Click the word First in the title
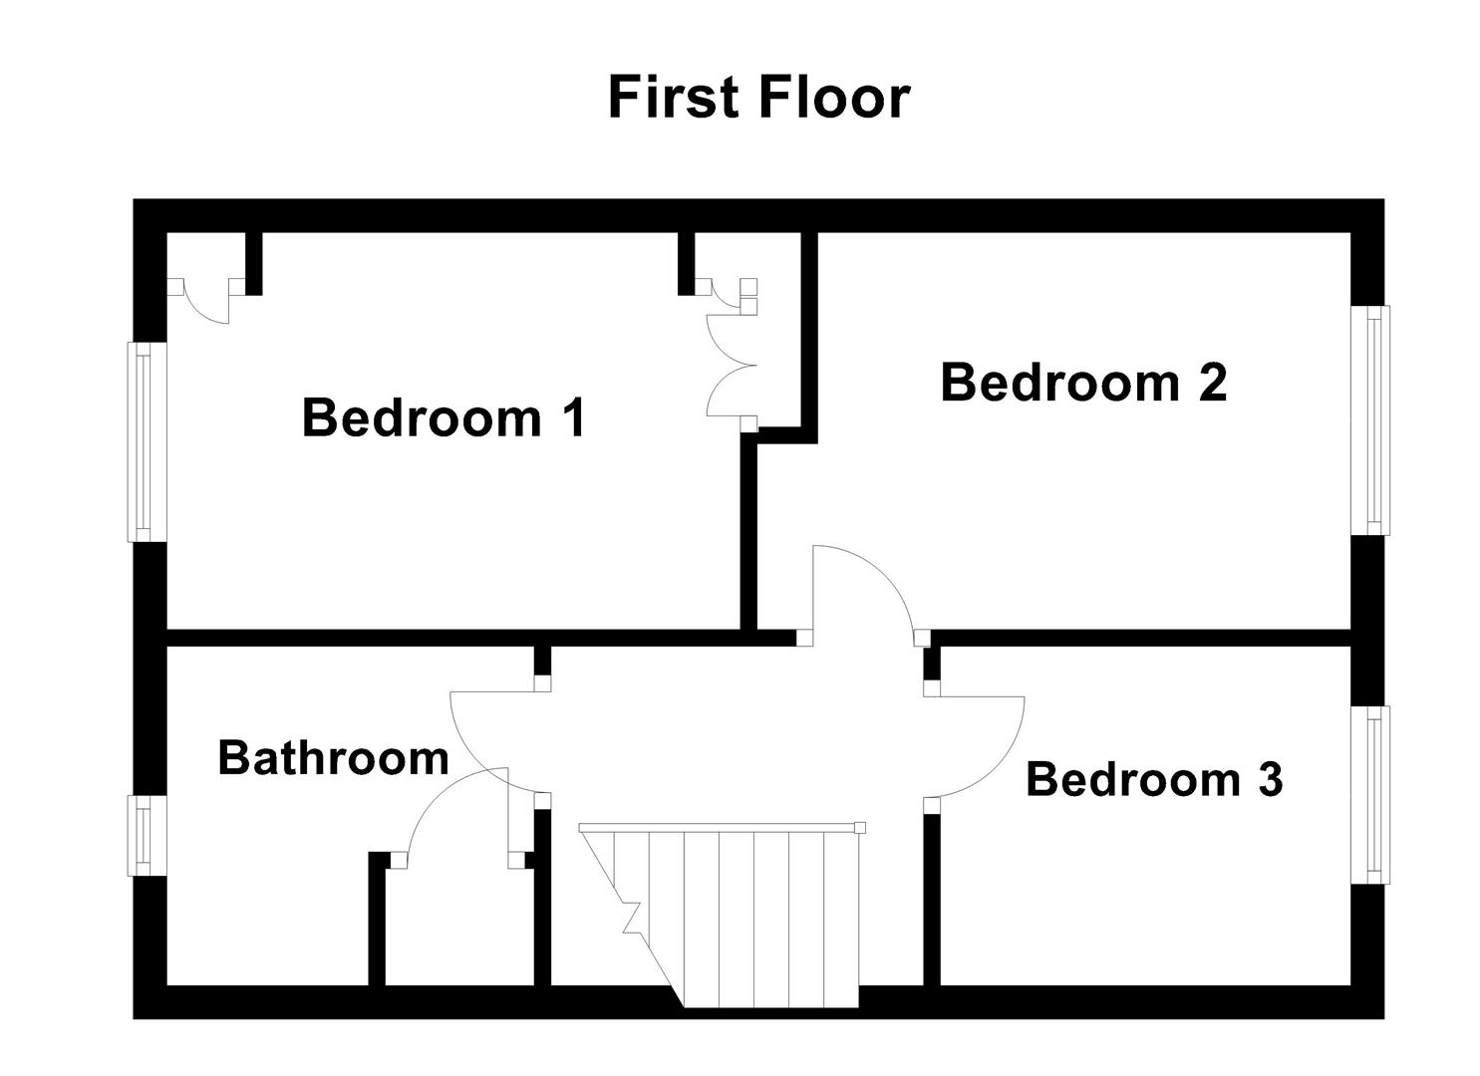pyautogui.click(x=673, y=98)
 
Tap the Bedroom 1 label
pyautogui.click(x=444, y=417)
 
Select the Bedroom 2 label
pyautogui.click(x=1082, y=383)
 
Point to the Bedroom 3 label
pyautogui.click(x=1153, y=779)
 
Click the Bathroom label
pyautogui.click(x=333, y=758)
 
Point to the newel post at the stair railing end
pyautogui.click(x=860, y=827)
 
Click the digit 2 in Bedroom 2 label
pyautogui.click(x=1211, y=383)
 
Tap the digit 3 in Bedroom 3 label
pyautogui.click(x=1269, y=779)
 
